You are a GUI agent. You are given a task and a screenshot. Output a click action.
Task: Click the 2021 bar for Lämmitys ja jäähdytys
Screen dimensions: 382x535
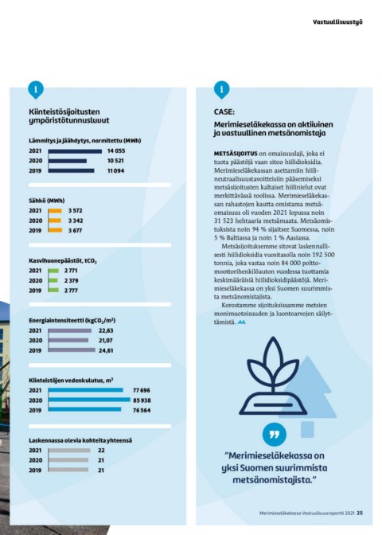coord(75,151)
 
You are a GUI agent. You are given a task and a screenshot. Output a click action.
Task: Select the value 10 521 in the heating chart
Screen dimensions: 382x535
coord(115,161)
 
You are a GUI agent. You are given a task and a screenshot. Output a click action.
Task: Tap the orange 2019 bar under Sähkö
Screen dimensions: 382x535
coord(55,230)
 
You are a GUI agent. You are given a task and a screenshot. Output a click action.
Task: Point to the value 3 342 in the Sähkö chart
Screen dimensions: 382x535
coord(76,221)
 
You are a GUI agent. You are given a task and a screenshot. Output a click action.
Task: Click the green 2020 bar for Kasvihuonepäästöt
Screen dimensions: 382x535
coord(53,280)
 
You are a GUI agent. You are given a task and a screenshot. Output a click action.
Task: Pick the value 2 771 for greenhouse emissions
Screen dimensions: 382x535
coord(71,271)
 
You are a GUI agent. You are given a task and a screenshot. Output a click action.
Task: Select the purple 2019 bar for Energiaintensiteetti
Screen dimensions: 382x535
coord(72,350)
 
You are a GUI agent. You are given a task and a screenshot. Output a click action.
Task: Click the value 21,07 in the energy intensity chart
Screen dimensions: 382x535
coord(106,341)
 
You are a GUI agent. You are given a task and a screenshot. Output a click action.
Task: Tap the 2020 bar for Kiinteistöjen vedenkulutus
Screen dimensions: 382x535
coord(89,400)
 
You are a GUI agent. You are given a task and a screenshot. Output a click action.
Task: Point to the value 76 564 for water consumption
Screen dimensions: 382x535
coord(142,411)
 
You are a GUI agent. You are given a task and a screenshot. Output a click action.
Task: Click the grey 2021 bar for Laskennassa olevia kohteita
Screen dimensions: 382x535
coord(69,451)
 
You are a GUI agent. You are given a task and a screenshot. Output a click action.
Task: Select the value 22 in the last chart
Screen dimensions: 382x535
coord(101,451)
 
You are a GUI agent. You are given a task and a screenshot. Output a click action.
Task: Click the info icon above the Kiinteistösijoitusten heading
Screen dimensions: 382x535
coord(36,89)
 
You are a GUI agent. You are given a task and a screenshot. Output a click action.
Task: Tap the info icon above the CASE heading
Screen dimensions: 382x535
coord(222,89)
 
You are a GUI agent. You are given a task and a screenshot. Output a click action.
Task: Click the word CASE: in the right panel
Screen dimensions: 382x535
coord(224,112)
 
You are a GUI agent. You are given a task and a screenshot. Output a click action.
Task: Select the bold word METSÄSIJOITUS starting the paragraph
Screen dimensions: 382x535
coord(236,154)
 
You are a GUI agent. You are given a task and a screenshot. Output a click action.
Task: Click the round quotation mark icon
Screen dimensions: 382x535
coord(275,435)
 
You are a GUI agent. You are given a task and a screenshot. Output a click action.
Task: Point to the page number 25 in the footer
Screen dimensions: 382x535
coord(360,513)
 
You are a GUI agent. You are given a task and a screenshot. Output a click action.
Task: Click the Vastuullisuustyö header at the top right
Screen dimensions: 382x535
coord(337,22)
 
